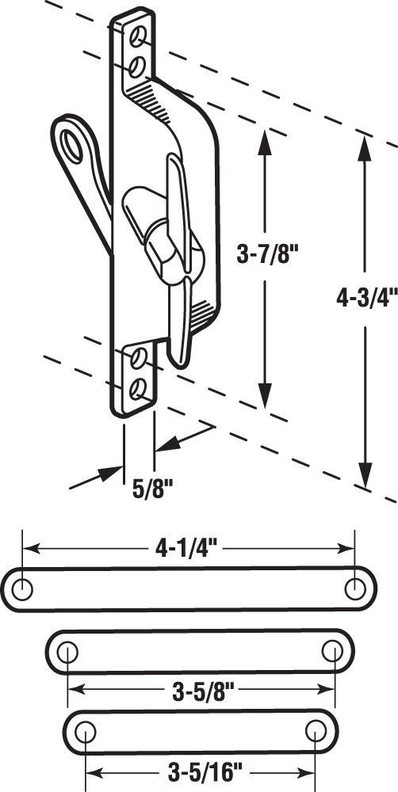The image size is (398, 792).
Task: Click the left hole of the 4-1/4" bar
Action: click(x=24, y=588)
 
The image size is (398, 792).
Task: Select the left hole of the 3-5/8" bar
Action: click(x=68, y=652)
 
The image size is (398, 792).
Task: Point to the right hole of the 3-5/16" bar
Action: click(x=315, y=729)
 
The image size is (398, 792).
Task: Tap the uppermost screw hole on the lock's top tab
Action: click(x=140, y=36)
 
